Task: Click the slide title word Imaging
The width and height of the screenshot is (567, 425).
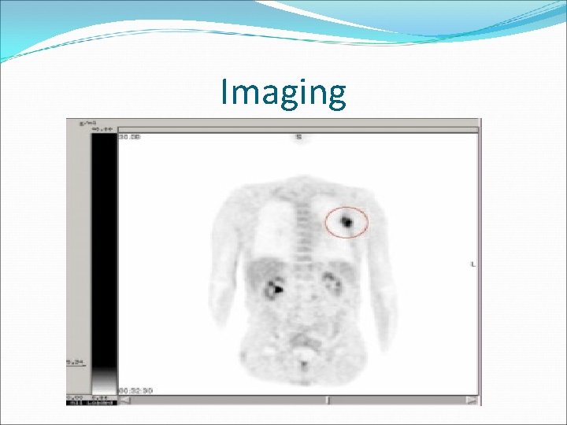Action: click(x=283, y=93)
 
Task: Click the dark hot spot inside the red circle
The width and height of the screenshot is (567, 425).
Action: click(x=346, y=222)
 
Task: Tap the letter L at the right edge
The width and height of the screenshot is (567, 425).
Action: click(x=472, y=264)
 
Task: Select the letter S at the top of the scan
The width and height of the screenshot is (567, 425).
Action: click(x=298, y=137)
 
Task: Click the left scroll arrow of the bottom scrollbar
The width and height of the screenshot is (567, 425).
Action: click(x=125, y=401)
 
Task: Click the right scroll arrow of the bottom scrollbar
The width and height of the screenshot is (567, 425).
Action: click(x=472, y=401)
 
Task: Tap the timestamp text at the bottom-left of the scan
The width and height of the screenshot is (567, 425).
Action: click(x=135, y=390)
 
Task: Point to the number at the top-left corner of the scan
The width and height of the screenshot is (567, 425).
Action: click(x=130, y=137)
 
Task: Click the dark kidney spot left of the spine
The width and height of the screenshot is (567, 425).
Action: click(x=275, y=288)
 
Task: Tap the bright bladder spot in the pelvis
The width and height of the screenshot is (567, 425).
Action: click(x=302, y=364)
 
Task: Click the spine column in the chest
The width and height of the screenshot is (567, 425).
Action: click(x=300, y=228)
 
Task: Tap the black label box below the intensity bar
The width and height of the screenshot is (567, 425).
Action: click(x=102, y=401)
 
